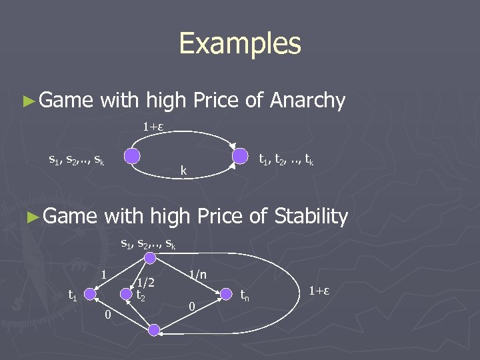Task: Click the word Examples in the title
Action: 240,44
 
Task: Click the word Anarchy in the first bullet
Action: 307,101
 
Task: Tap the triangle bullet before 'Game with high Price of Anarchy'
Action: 27,101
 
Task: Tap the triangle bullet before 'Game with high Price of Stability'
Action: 27,217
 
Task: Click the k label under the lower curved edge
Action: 184,172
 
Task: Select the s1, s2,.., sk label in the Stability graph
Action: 148,244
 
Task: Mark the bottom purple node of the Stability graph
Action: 154,330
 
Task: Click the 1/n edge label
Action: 198,273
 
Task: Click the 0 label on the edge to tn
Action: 191,307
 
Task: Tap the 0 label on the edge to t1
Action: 107,313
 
